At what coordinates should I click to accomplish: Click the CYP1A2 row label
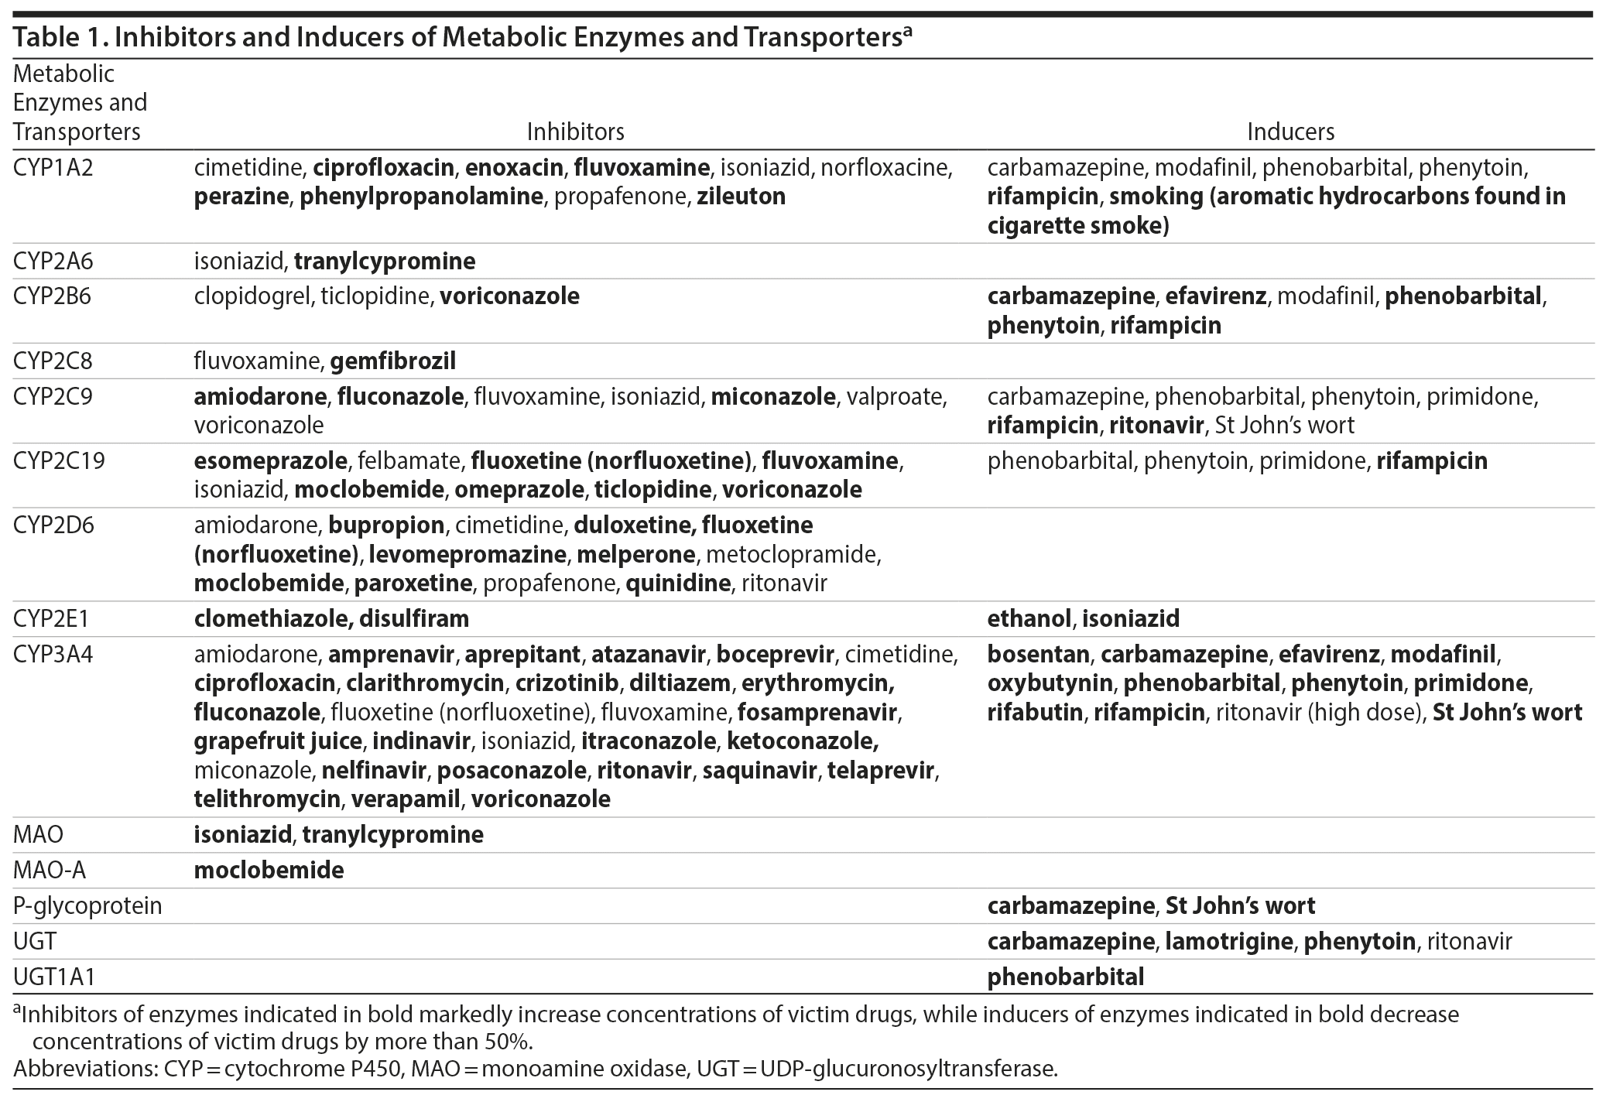(53, 168)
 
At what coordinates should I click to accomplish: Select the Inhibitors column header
(575, 132)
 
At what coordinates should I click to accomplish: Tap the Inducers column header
(1290, 132)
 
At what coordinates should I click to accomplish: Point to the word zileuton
(741, 197)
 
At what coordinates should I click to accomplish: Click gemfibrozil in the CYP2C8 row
(392, 361)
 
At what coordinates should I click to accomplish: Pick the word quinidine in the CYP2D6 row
(678, 583)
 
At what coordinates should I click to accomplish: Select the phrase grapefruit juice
(278, 741)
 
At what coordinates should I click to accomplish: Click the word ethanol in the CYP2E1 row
(1029, 619)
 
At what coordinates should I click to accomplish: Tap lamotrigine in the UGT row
(1228, 942)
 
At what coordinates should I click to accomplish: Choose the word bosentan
(1038, 655)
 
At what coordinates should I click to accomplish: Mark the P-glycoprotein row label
(87, 906)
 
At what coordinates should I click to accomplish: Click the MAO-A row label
(50, 871)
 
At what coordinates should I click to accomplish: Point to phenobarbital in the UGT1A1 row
(1065, 977)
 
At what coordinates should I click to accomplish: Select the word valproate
(896, 397)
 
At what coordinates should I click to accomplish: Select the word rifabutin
(1034, 713)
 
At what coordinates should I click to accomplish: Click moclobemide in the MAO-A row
(269, 871)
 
